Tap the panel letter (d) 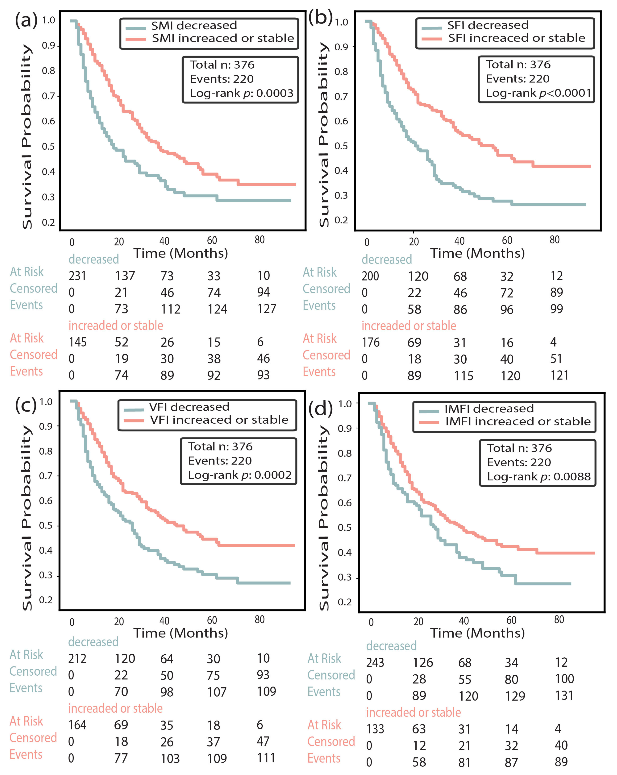320,409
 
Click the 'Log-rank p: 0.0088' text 539,477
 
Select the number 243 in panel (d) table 375,662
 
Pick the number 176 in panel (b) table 371,342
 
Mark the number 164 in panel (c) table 77,725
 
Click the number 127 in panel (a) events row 267,309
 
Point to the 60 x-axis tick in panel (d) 511,620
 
